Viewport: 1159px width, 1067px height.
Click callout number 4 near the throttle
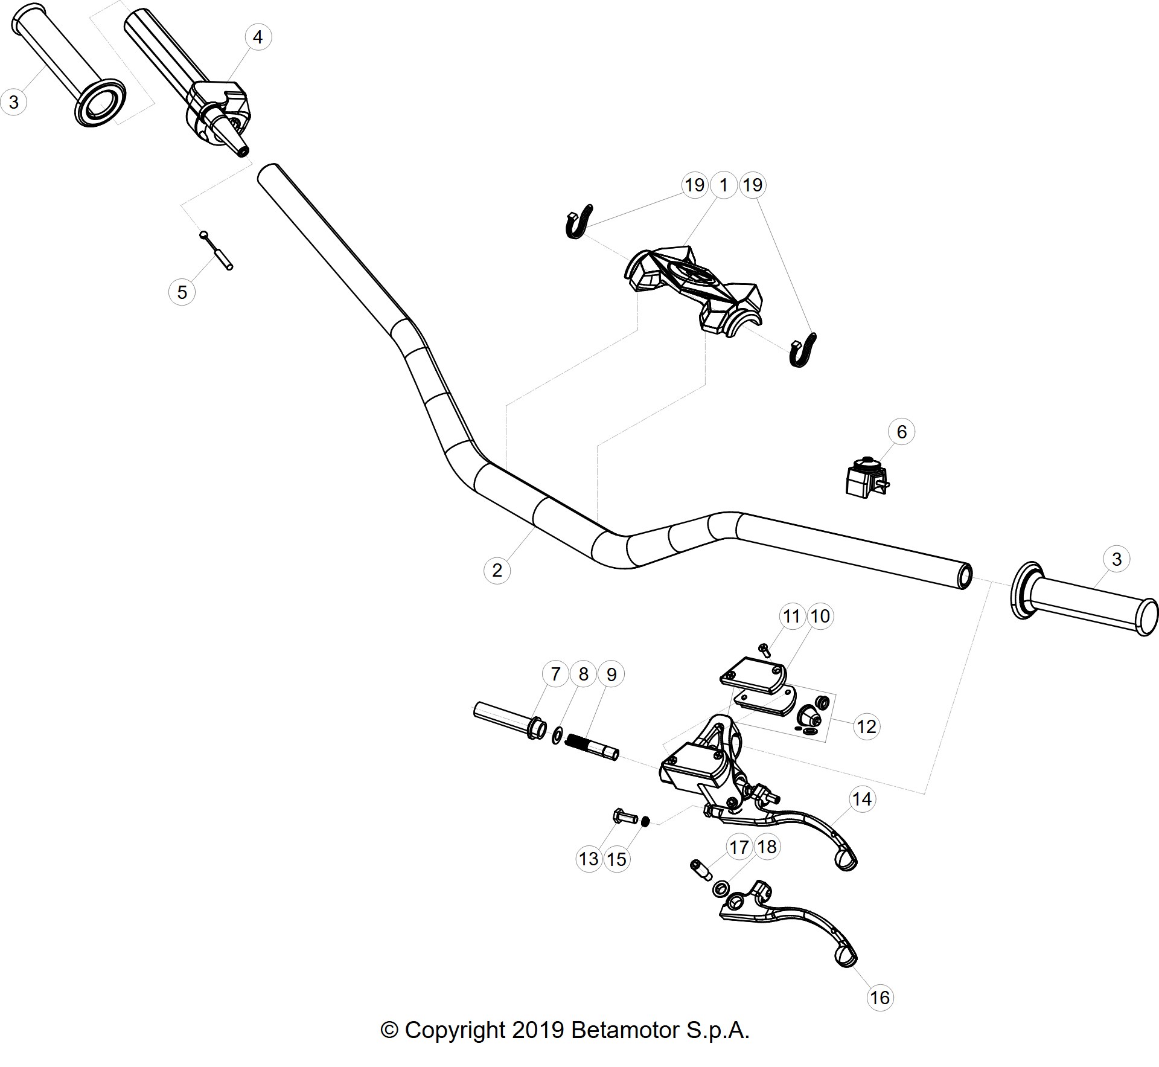pyautogui.click(x=258, y=37)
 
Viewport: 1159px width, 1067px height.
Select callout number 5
pyautogui.click(x=182, y=293)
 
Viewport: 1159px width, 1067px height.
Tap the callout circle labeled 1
pyautogui.click(x=724, y=185)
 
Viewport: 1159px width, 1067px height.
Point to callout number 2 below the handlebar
pyautogui.click(x=497, y=570)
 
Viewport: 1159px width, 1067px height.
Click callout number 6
pyautogui.click(x=902, y=432)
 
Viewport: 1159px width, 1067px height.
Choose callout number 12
pyautogui.click(x=866, y=726)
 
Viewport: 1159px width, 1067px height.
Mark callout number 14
pyautogui.click(x=861, y=799)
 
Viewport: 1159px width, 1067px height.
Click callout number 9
pyautogui.click(x=611, y=674)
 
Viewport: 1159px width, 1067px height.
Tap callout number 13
pyautogui.click(x=589, y=859)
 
